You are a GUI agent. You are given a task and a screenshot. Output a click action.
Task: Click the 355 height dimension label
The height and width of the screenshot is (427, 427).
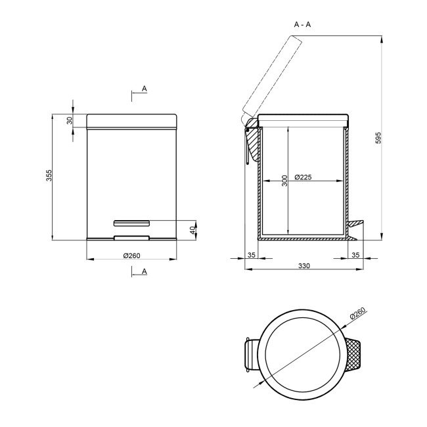pyautogui.click(x=49, y=175)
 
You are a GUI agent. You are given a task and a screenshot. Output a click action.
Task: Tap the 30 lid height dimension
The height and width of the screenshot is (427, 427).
pyautogui.click(x=70, y=120)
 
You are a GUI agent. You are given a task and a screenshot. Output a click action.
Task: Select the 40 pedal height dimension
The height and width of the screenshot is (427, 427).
pyautogui.click(x=192, y=230)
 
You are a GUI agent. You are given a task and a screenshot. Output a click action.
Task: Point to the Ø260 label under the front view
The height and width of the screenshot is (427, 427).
pyautogui.click(x=131, y=256)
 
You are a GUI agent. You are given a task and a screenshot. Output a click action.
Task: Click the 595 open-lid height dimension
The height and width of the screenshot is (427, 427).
pyautogui.click(x=378, y=138)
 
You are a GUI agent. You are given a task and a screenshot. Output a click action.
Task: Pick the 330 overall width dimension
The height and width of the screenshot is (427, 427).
pyautogui.click(x=304, y=265)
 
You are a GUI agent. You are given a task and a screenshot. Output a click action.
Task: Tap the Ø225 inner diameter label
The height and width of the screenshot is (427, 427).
pyautogui.click(x=303, y=177)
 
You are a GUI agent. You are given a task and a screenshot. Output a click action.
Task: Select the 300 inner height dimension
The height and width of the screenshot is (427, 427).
pyautogui.click(x=284, y=181)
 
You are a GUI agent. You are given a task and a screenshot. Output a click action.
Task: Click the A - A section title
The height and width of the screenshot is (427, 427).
pyautogui.click(x=302, y=24)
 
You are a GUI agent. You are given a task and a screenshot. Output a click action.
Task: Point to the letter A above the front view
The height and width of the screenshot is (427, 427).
pyautogui.click(x=145, y=89)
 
